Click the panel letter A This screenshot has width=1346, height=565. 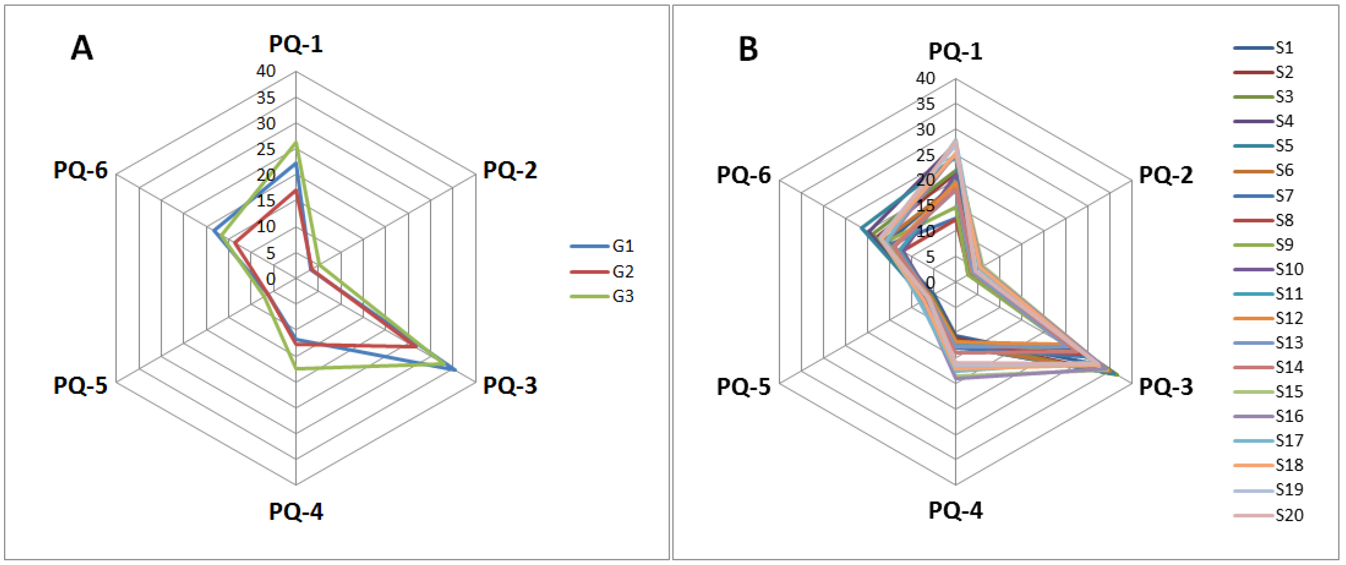coord(82,50)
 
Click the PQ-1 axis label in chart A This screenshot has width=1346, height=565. coord(296,45)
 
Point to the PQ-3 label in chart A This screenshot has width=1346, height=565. coord(510,385)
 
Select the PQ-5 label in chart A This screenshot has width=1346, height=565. coord(80,386)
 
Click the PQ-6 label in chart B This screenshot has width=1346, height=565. coord(744,175)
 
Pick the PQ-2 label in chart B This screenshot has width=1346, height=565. coord(1166,175)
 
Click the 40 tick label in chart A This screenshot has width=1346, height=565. coord(265,71)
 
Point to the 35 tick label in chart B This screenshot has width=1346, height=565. coord(925,104)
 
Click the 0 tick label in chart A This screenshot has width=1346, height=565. coord(270,279)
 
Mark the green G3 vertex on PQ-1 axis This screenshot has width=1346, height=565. coord(296,143)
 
